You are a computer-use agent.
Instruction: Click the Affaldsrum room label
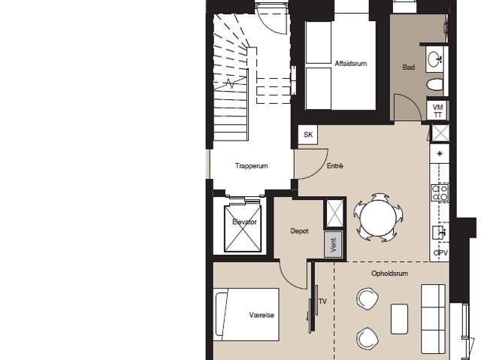(x=351, y=64)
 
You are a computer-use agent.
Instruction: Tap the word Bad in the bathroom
(x=408, y=67)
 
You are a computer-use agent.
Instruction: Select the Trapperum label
(x=252, y=166)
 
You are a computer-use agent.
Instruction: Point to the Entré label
(x=334, y=166)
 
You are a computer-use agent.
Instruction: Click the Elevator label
(x=244, y=222)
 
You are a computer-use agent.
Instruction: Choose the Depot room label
(x=299, y=231)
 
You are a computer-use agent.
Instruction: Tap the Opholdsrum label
(x=389, y=274)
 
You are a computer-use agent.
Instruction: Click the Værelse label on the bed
(x=262, y=315)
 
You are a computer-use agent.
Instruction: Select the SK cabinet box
(x=308, y=135)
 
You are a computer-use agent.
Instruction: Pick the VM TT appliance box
(x=437, y=111)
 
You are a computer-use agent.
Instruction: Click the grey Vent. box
(x=334, y=244)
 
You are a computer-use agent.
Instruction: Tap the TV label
(x=322, y=301)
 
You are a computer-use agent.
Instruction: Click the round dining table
(x=378, y=218)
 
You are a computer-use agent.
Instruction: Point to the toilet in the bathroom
(x=435, y=85)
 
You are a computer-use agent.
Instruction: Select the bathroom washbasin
(x=434, y=59)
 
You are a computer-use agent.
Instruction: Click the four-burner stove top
(x=440, y=192)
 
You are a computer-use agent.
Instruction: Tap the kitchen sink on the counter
(x=439, y=232)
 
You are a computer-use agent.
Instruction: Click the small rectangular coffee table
(x=399, y=319)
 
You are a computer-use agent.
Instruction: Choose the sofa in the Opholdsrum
(x=433, y=319)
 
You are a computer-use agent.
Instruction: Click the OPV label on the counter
(x=440, y=253)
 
